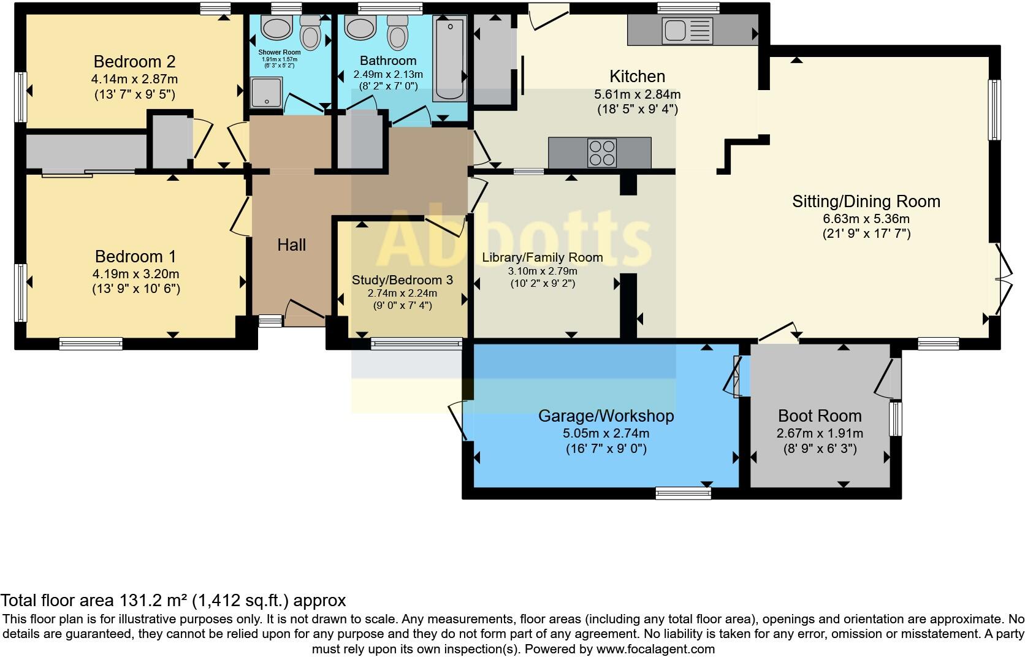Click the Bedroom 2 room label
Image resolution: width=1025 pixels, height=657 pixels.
[134, 61]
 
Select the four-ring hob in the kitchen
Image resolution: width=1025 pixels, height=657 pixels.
[602, 153]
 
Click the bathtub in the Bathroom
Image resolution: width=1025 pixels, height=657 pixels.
[450, 58]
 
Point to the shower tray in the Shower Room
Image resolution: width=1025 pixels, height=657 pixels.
[266, 93]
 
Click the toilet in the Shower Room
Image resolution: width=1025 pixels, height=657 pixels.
[310, 32]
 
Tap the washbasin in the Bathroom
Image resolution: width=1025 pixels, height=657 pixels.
[360, 28]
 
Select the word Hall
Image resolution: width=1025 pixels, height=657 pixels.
[291, 245]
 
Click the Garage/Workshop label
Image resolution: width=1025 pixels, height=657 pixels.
[606, 416]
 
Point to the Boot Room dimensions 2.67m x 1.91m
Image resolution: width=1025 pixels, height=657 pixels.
[820, 433]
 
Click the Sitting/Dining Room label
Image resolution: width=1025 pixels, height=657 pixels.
[866, 201]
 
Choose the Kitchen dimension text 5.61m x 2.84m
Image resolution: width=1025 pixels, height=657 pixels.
[638, 94]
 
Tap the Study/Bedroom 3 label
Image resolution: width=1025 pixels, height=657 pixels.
[402, 280]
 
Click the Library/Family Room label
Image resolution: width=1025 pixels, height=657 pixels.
[543, 257]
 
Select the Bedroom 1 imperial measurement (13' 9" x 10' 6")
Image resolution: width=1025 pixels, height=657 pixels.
[136, 289]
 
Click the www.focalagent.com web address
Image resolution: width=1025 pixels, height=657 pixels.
[656, 649]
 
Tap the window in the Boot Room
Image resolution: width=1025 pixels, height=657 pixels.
[896, 419]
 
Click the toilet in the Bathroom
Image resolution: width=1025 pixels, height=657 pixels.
[397, 32]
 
